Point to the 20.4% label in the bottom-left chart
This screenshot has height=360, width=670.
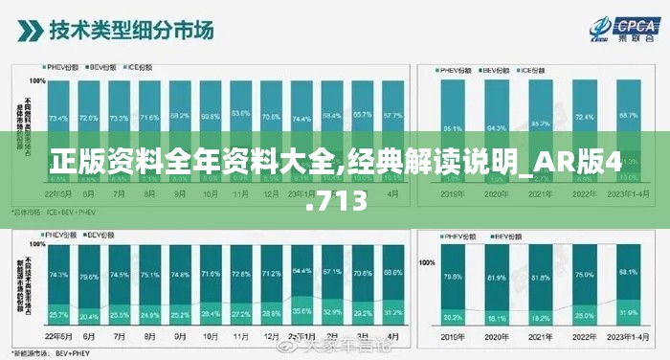tap(89, 316)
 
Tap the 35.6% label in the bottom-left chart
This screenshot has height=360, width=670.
tap(301, 311)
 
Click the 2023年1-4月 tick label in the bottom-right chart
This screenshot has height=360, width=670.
tap(628, 337)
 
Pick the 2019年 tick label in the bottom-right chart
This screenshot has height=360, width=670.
tap(453, 337)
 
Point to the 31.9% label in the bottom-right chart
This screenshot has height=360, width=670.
tap(628, 312)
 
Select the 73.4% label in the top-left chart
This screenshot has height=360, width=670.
tap(58, 119)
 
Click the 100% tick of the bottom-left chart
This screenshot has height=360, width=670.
tap(35, 246)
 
